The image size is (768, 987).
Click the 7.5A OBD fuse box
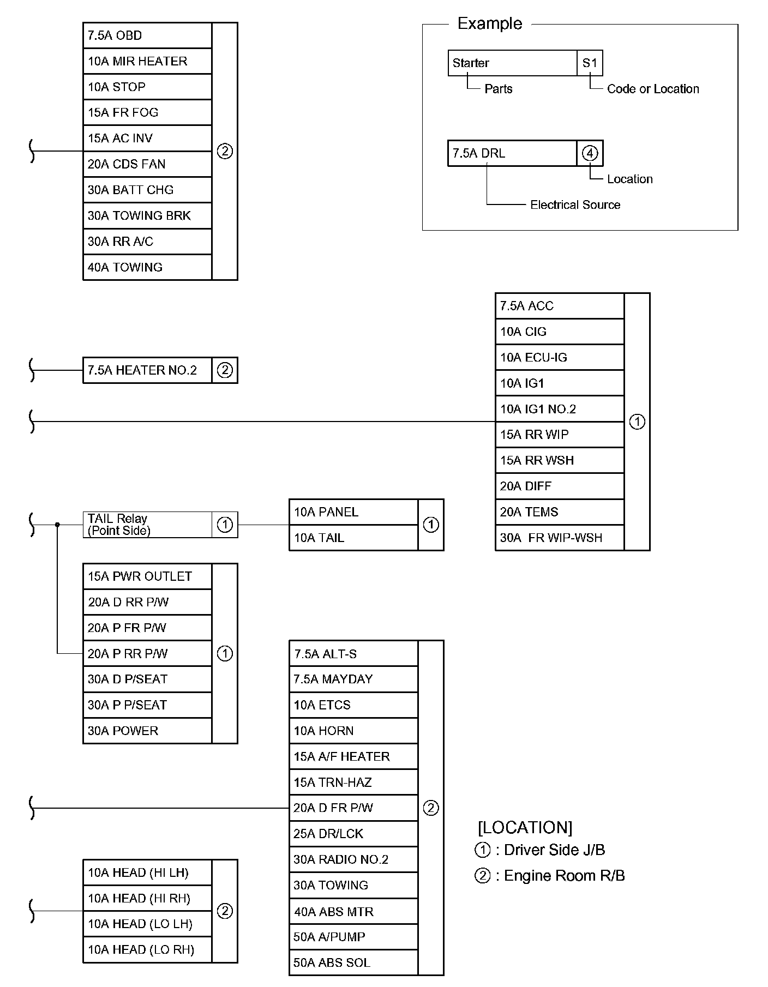tap(147, 35)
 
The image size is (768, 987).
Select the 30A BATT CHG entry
tap(147, 190)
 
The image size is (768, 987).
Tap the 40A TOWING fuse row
tap(147, 267)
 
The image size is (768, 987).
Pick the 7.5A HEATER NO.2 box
tap(147, 370)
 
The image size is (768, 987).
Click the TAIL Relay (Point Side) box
tap(147, 525)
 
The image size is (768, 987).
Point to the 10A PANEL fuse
tap(353, 512)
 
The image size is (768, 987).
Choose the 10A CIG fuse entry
tap(559, 332)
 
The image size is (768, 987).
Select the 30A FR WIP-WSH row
tap(559, 538)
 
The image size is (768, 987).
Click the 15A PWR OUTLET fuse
tap(147, 576)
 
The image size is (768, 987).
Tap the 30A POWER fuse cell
tap(147, 731)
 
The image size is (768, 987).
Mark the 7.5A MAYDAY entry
tap(353, 679)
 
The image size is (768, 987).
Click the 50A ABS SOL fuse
tap(353, 962)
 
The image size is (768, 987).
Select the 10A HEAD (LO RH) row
tap(147, 949)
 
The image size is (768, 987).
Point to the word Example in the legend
tap(489, 23)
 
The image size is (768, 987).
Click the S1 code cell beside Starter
tap(590, 63)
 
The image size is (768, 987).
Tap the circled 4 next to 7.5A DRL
tap(590, 153)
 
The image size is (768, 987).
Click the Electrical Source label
tap(575, 205)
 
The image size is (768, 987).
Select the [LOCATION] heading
tap(525, 827)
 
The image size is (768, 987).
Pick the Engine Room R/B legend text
tap(564, 875)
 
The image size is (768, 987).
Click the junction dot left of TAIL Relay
tap(57, 525)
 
